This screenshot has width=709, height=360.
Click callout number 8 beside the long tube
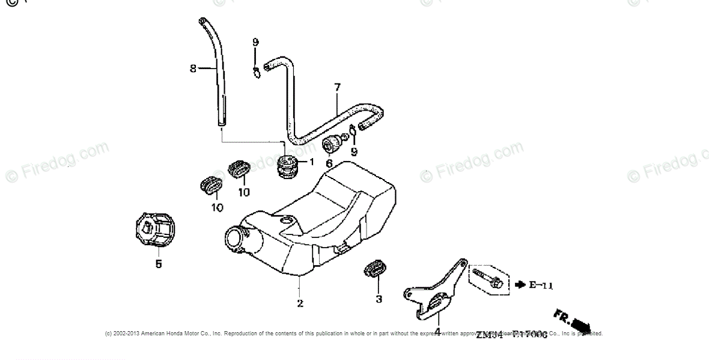pos(193,69)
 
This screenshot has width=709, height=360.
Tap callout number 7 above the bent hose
pos(337,88)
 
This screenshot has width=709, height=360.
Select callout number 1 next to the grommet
pos(311,162)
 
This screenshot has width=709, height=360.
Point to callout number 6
pos(329,163)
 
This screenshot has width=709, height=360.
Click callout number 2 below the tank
pos(300,304)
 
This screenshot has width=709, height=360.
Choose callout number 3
pos(379,299)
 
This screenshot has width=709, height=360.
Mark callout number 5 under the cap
pos(159,263)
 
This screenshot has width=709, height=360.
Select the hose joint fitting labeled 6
pos(332,145)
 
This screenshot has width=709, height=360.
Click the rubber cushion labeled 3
pos(374,270)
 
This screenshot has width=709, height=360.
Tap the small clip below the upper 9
pos(256,73)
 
